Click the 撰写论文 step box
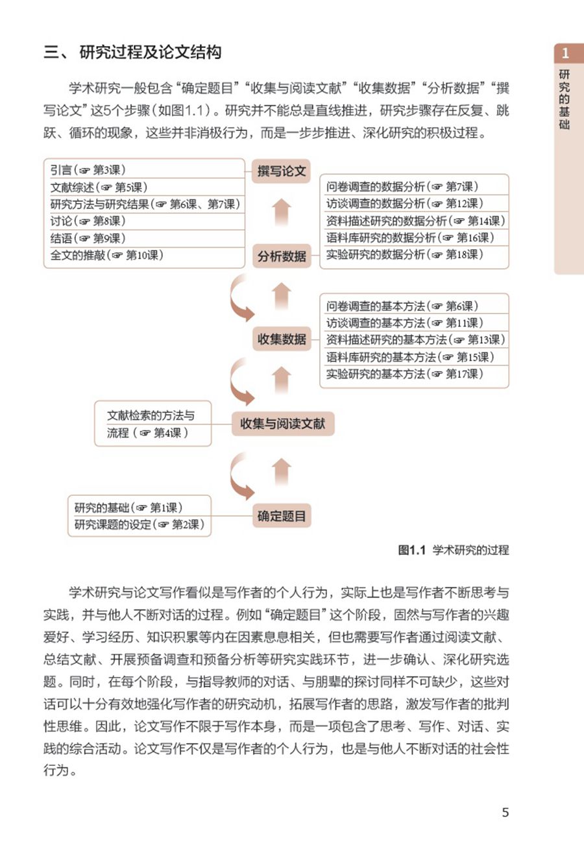pyautogui.click(x=281, y=171)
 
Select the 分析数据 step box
pyautogui.click(x=281, y=256)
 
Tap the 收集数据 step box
pyautogui.click(x=281, y=339)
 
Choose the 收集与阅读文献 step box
pyautogui.click(x=282, y=424)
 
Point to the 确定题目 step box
pyautogui.click(x=281, y=517)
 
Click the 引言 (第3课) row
pyautogui.click(x=144, y=170)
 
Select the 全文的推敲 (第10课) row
pyautogui.click(x=144, y=255)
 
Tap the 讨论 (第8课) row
pyautogui.click(x=144, y=221)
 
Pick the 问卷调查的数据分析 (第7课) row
pyautogui.click(x=414, y=187)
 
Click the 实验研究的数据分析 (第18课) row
pyautogui.click(x=414, y=254)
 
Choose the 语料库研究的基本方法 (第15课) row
pyautogui.click(x=414, y=357)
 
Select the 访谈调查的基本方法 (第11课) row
pyautogui.click(x=414, y=323)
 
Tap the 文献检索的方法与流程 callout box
pyautogui.click(x=153, y=424)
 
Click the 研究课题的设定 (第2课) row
pyautogui.click(x=139, y=524)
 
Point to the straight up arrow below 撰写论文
pyautogui.click(x=281, y=212)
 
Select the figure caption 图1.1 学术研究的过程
pyautogui.click(x=453, y=550)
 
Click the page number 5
pyautogui.click(x=505, y=812)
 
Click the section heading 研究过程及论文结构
pyautogui.click(x=151, y=53)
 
